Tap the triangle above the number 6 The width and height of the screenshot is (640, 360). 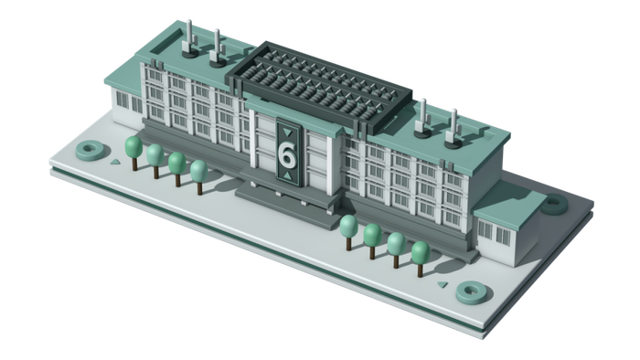click(x=288, y=132)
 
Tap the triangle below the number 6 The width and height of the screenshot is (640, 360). click(x=288, y=175)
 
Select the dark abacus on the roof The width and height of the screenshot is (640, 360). click(x=319, y=87)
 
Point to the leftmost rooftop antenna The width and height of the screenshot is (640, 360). click(x=189, y=38)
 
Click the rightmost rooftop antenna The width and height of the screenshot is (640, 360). click(x=453, y=129)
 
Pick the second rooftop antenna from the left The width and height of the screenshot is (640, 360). click(x=217, y=48)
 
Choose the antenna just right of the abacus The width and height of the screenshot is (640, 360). click(x=422, y=119)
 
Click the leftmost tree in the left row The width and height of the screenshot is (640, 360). click(x=133, y=153)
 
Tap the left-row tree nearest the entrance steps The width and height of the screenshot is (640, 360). click(x=199, y=177)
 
